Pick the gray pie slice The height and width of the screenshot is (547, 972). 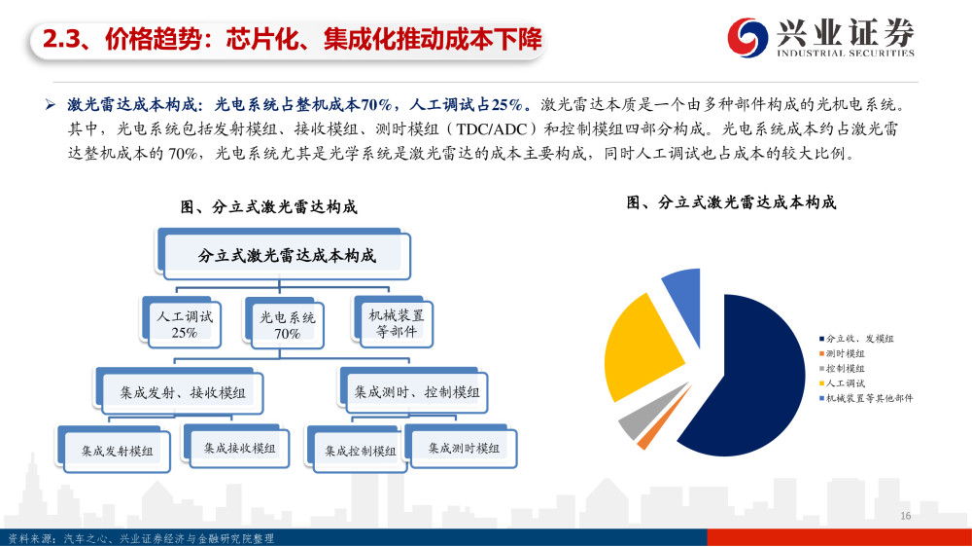[644, 415]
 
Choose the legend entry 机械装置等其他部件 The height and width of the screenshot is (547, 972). [866, 398]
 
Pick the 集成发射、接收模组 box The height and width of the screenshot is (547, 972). [180, 391]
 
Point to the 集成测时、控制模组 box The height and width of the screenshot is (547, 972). [415, 390]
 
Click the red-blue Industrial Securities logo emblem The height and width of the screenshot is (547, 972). [747, 37]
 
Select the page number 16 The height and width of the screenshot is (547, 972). [905, 515]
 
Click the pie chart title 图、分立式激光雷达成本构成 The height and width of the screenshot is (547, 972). [731, 202]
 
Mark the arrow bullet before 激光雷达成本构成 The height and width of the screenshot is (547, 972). [51, 105]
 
